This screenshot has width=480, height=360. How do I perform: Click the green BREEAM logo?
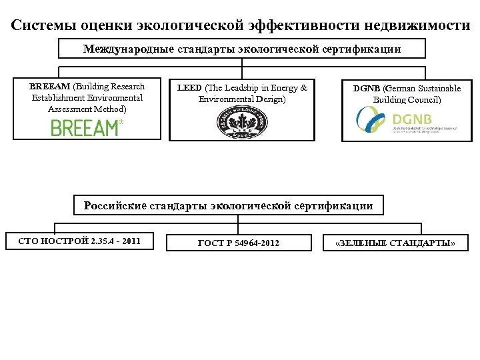pyautogui.click(x=87, y=127)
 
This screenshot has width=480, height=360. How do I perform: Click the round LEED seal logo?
pyautogui.click(x=241, y=124)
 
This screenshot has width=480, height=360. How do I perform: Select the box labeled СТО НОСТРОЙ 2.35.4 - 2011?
pyautogui.click(x=79, y=241)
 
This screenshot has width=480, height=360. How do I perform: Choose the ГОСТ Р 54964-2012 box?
pyautogui.click(x=239, y=243)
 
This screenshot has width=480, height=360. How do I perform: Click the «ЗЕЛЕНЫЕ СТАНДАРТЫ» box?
pyautogui.click(x=395, y=243)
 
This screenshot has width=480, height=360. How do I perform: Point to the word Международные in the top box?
pyautogui.click(x=125, y=49)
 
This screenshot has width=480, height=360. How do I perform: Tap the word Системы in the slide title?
pyautogui.click(x=45, y=25)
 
